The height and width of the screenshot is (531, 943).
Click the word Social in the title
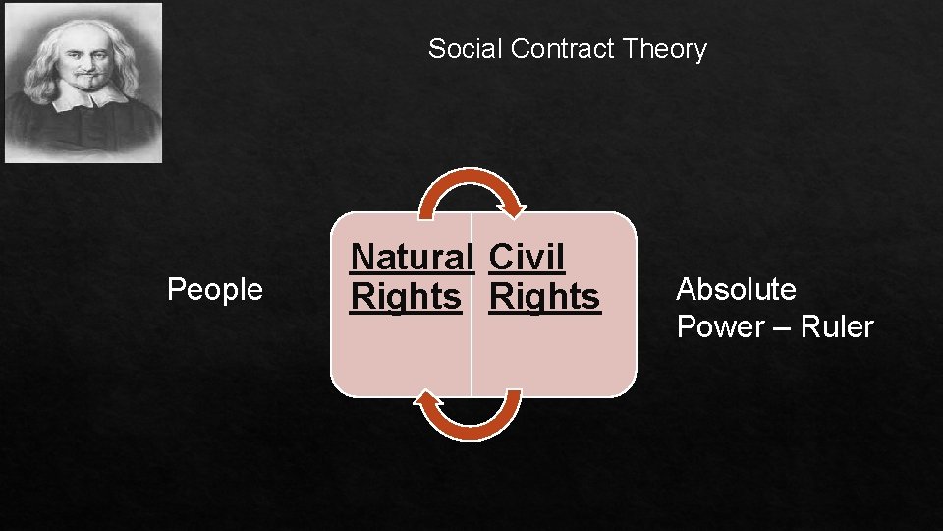(466, 49)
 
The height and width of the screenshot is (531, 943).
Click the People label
(215, 290)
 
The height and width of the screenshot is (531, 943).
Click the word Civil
(527, 258)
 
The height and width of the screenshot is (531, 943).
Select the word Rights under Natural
(406, 296)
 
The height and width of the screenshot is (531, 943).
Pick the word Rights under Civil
(544, 296)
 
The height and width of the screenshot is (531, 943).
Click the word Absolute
(736, 290)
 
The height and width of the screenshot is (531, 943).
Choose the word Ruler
(837, 327)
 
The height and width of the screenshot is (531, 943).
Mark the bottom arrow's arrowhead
(427, 397)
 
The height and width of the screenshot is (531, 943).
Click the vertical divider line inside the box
(471, 354)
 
